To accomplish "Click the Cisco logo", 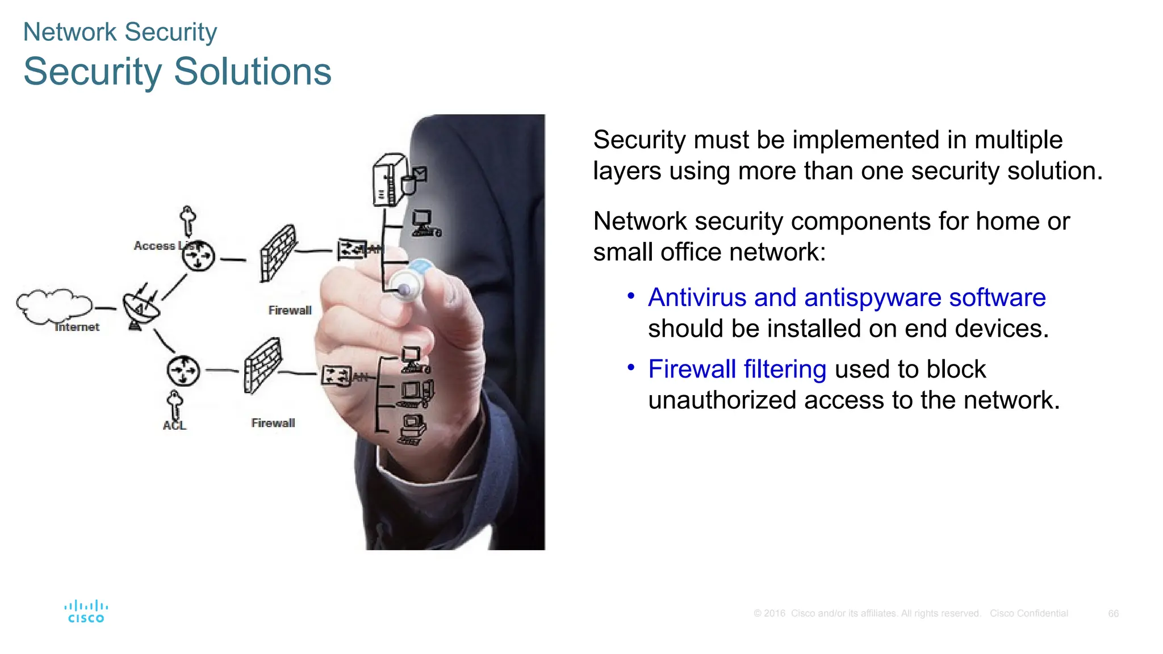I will [x=86, y=611].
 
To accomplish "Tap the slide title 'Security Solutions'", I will [x=177, y=72].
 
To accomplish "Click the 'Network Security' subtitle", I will [x=120, y=32].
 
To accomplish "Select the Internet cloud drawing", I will [x=53, y=305].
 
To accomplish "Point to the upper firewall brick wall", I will [x=278, y=253].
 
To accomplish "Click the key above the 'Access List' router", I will [x=187, y=220].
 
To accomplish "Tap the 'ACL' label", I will [x=174, y=426].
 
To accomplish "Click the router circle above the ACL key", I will [x=183, y=371].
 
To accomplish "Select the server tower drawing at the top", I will [x=390, y=179].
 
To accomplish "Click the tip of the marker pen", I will [x=404, y=290].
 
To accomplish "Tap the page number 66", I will [x=1113, y=614].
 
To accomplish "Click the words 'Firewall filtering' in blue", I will [x=737, y=370].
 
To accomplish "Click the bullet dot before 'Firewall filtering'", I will [x=630, y=368].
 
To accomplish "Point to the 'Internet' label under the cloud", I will [x=77, y=327].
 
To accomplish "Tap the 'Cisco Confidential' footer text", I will [x=1028, y=614].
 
